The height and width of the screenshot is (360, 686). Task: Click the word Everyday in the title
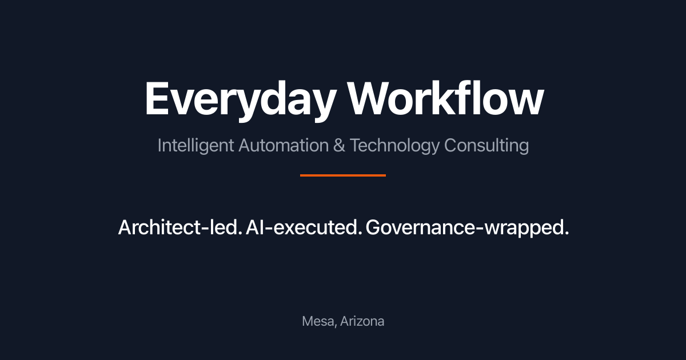pos(240,101)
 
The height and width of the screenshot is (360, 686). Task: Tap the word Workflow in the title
pos(445,98)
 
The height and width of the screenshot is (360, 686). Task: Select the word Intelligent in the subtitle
pos(196,146)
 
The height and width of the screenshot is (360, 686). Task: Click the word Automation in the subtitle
pos(284,145)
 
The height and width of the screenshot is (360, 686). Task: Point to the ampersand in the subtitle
pos(339,145)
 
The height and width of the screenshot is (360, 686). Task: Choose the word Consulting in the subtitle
pos(486,146)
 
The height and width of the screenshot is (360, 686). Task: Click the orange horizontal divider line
pos(343,175)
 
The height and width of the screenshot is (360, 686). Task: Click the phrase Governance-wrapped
pos(468,228)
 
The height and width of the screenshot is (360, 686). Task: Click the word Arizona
pos(362,321)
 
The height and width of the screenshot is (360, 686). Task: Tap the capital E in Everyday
pos(157,98)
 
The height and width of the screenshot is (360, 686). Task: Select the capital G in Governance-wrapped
pos(373,227)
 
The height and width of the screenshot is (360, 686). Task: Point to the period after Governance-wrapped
pos(567,233)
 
